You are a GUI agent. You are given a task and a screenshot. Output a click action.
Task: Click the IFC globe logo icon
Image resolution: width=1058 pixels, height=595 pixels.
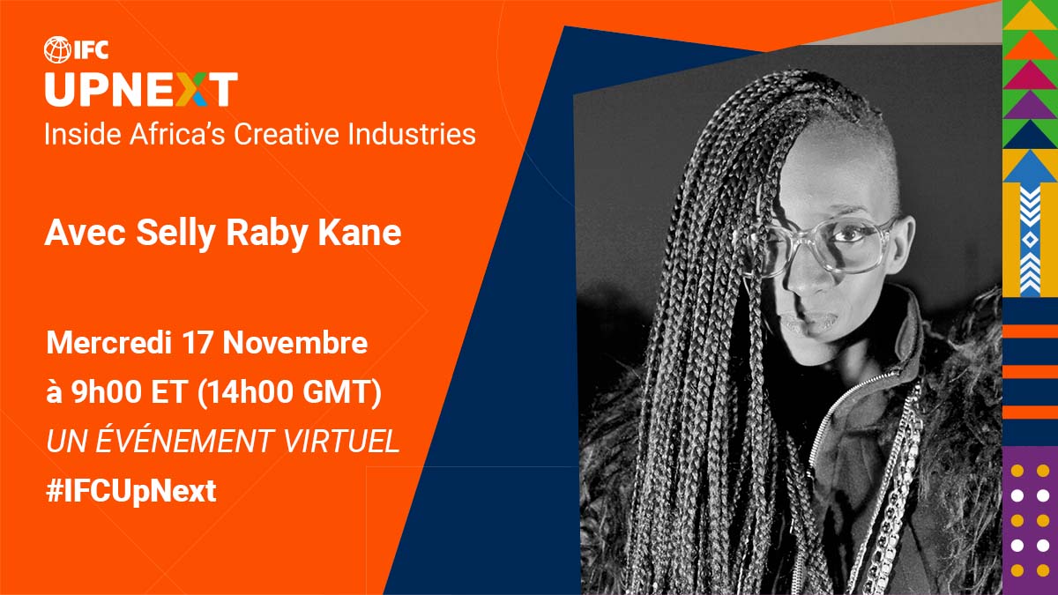56,49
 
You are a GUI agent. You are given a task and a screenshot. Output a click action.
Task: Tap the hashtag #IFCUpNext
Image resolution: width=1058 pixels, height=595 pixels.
130,491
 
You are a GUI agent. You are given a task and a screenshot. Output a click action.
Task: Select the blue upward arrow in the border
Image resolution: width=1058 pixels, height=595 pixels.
1029,167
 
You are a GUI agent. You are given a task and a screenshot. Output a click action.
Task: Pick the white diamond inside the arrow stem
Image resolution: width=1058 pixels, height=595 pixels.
1029,240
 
